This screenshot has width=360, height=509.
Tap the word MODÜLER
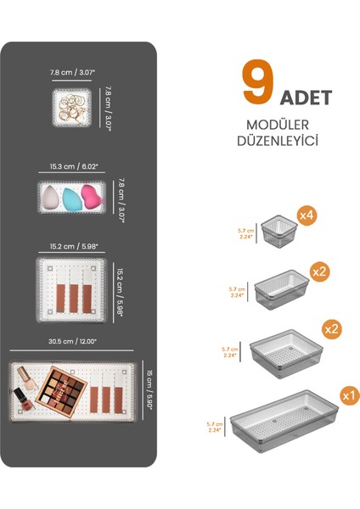pos(284,125)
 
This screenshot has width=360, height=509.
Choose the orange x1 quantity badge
pos(346,394)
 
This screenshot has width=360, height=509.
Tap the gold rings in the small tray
pos(72,107)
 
